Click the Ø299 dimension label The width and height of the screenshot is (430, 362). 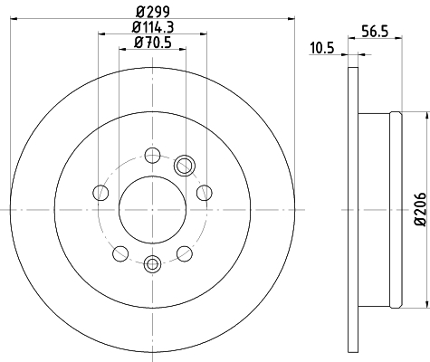point(153,12)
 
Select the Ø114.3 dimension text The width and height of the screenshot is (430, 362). point(153,27)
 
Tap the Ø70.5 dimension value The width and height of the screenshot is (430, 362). point(153,43)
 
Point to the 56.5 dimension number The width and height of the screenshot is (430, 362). point(375,32)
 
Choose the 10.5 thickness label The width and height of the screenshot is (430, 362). point(322,48)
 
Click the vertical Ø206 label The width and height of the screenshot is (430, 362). point(420,209)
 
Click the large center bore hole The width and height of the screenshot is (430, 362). point(152,210)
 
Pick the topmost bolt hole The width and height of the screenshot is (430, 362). point(152,156)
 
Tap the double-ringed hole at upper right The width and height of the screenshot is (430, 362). point(185,166)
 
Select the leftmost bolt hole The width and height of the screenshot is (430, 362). point(100,193)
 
